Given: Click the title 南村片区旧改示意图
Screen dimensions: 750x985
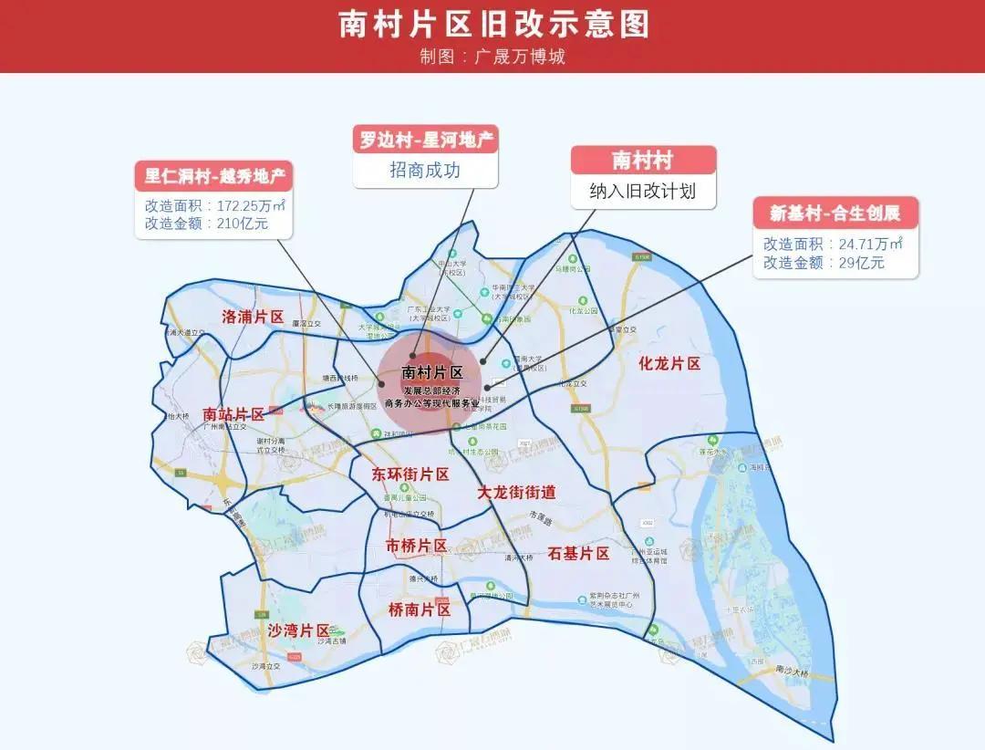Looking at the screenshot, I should pyautogui.click(x=493, y=24).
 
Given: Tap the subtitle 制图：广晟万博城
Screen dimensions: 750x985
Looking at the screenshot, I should pyautogui.click(x=493, y=57).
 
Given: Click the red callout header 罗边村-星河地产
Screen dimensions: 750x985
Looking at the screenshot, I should pyautogui.click(x=426, y=141).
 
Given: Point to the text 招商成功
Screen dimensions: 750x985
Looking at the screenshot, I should pyautogui.click(x=425, y=170).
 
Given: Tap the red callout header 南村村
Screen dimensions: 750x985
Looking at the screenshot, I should pyautogui.click(x=643, y=161).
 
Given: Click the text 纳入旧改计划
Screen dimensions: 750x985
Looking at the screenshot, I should pyautogui.click(x=643, y=192).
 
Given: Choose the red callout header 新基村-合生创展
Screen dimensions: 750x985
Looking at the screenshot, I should pyautogui.click(x=835, y=214).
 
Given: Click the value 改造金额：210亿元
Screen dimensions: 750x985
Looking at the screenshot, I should pyautogui.click(x=206, y=223).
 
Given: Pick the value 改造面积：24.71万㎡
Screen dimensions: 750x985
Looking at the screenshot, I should pyautogui.click(x=834, y=244).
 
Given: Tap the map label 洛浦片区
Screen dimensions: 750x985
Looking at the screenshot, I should pyautogui.click(x=254, y=318).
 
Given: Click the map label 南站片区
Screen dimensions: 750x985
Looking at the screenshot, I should pyautogui.click(x=233, y=414).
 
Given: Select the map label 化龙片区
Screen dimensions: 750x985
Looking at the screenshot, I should pyautogui.click(x=669, y=363).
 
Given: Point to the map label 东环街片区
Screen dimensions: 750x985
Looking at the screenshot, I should pyautogui.click(x=411, y=474).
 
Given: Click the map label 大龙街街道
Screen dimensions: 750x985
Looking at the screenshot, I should pyautogui.click(x=517, y=493).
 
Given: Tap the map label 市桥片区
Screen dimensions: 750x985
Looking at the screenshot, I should pyautogui.click(x=416, y=546).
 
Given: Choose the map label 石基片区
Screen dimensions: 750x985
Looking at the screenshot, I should pyautogui.click(x=578, y=553).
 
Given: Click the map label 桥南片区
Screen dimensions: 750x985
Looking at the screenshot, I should pyautogui.click(x=420, y=609).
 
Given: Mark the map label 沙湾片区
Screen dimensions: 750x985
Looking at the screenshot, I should pyautogui.click(x=298, y=630).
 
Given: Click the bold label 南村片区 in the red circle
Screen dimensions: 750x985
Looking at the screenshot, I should pyautogui.click(x=432, y=372).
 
